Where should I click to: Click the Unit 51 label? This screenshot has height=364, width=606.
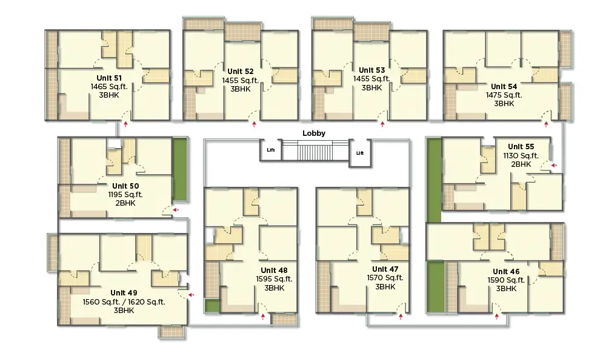click(x=109, y=78)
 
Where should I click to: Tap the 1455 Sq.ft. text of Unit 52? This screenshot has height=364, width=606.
click(x=241, y=79)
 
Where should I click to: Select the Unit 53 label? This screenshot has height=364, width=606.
click(x=371, y=70)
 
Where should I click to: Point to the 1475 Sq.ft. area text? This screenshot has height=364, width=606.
click(x=504, y=95)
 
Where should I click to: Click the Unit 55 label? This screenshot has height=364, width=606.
click(x=521, y=146)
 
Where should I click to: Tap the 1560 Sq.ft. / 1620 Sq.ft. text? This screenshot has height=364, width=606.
click(x=124, y=302)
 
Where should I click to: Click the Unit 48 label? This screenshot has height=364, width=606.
click(x=274, y=270)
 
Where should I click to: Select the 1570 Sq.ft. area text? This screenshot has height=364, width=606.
click(x=385, y=278)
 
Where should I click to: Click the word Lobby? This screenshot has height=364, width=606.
click(x=314, y=133)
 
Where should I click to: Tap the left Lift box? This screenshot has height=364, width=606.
click(x=270, y=150)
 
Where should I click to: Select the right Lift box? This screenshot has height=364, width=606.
click(x=359, y=153)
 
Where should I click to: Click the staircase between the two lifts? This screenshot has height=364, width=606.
click(x=315, y=150)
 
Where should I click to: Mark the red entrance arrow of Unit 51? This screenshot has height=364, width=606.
click(x=125, y=124)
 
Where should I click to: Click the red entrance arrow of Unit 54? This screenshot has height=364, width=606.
click(x=546, y=124)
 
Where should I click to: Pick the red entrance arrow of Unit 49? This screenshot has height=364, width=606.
click(x=191, y=295)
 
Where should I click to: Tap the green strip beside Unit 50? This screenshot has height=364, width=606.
click(x=179, y=170)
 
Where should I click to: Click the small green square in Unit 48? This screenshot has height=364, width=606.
click(x=211, y=306)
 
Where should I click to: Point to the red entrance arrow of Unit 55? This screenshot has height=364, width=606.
click(x=554, y=164)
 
